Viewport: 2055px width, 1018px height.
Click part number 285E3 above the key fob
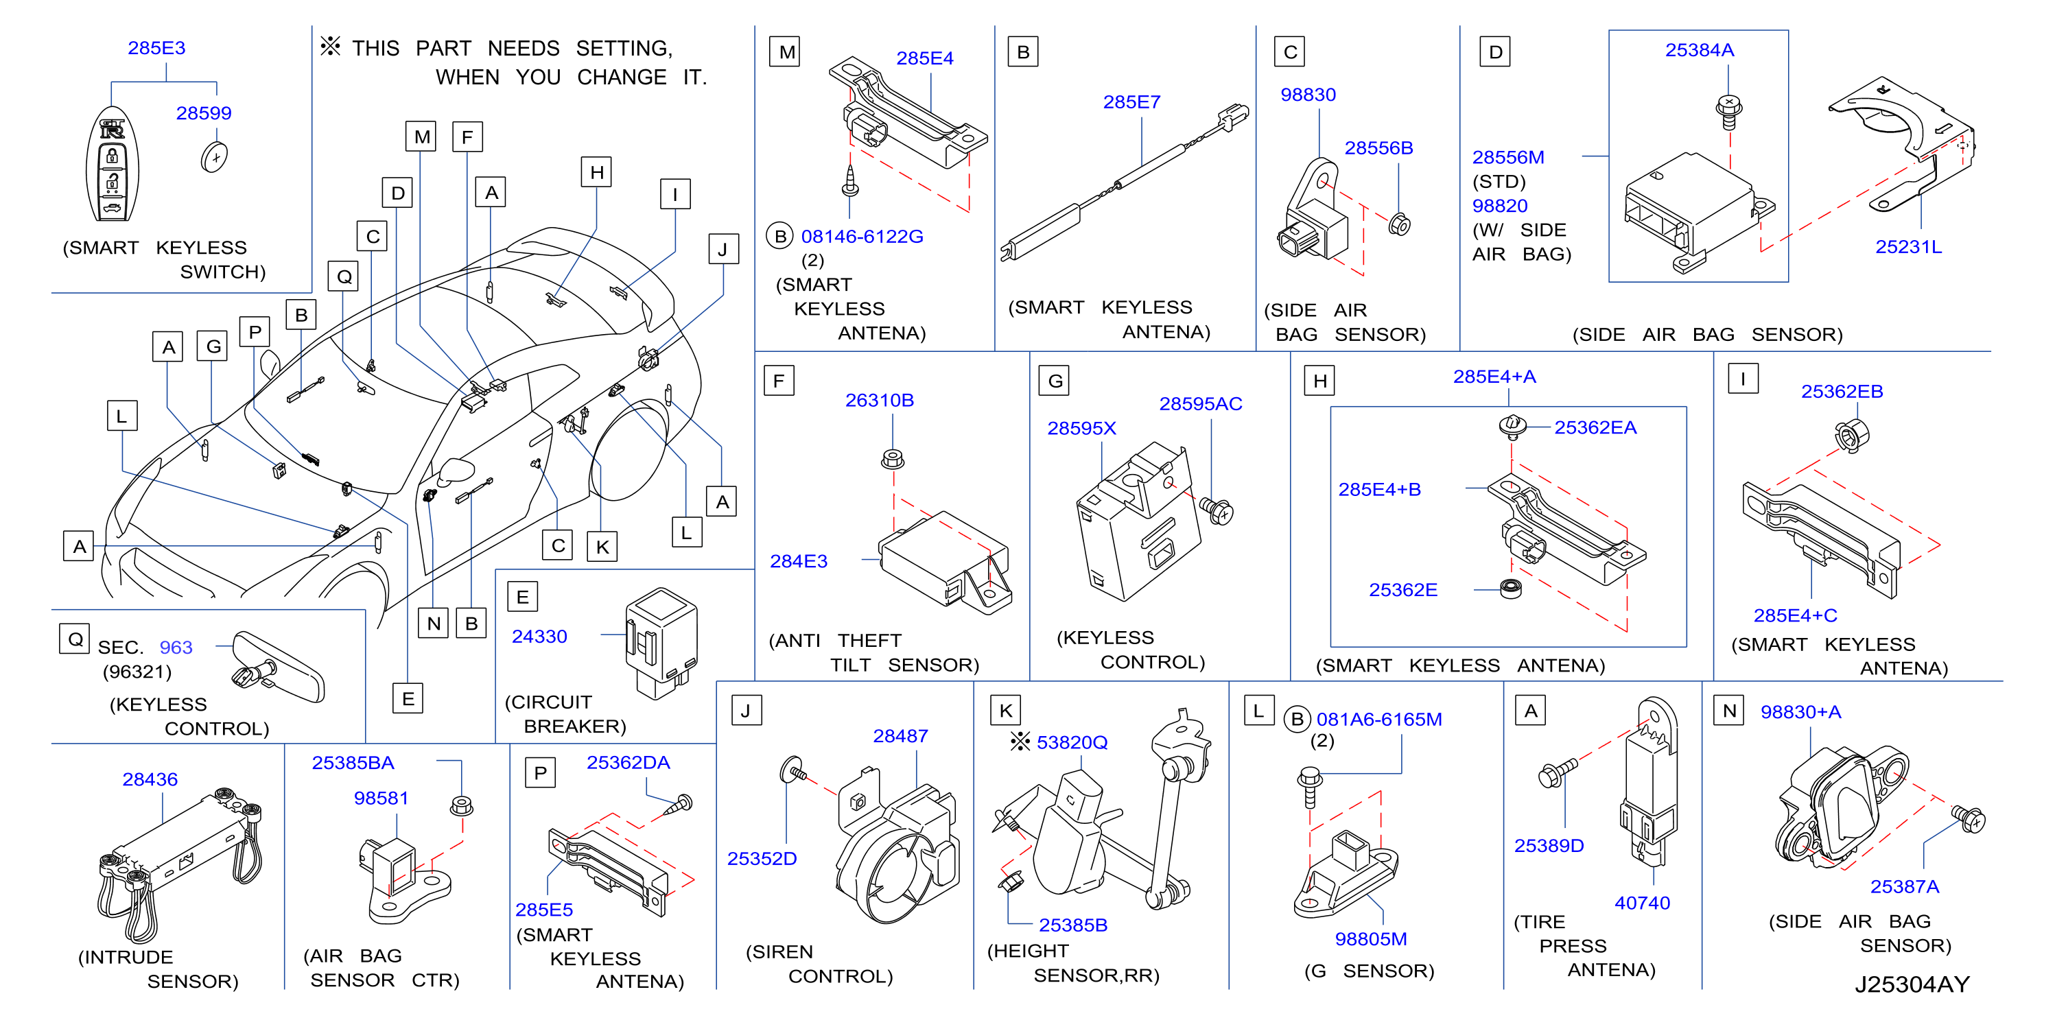(156, 48)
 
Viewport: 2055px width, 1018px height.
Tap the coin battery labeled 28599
(215, 156)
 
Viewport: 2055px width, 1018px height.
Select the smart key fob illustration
(113, 165)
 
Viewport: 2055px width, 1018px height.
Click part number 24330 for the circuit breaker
(539, 637)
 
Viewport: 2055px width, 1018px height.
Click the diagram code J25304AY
(1912, 984)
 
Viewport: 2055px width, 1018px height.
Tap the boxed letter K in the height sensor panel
(1005, 710)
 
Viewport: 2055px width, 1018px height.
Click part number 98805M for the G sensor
(1370, 939)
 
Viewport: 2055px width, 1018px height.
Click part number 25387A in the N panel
(1904, 886)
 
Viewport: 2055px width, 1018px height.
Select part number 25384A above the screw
(1699, 50)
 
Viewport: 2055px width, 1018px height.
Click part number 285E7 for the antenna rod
(1131, 102)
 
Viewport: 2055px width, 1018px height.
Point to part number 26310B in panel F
(879, 401)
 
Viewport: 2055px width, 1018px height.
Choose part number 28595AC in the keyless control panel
(1201, 403)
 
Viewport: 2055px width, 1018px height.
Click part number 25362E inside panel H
(1403, 589)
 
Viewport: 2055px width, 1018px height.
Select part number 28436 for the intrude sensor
(150, 779)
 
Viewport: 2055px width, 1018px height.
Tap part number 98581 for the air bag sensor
(381, 798)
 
